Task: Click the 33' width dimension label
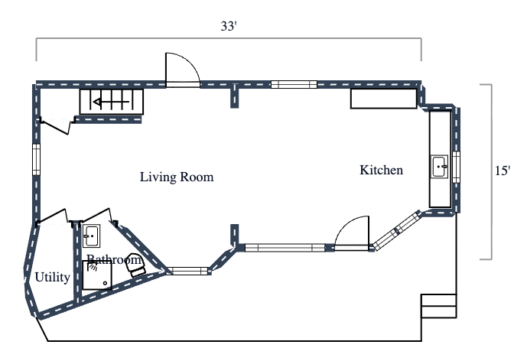point(228,26)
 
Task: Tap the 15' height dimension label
point(503,172)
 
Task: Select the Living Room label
point(176,177)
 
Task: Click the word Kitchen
point(381,170)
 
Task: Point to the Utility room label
point(53,277)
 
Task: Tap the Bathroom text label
point(113,260)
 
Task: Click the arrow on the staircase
point(108,101)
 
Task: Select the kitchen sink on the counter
point(440,167)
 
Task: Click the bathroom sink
point(91,234)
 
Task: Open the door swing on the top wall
point(183,71)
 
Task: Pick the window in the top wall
point(294,85)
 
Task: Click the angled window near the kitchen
point(395,230)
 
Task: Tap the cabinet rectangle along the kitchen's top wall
point(384,99)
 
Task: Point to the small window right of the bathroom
point(187,270)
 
